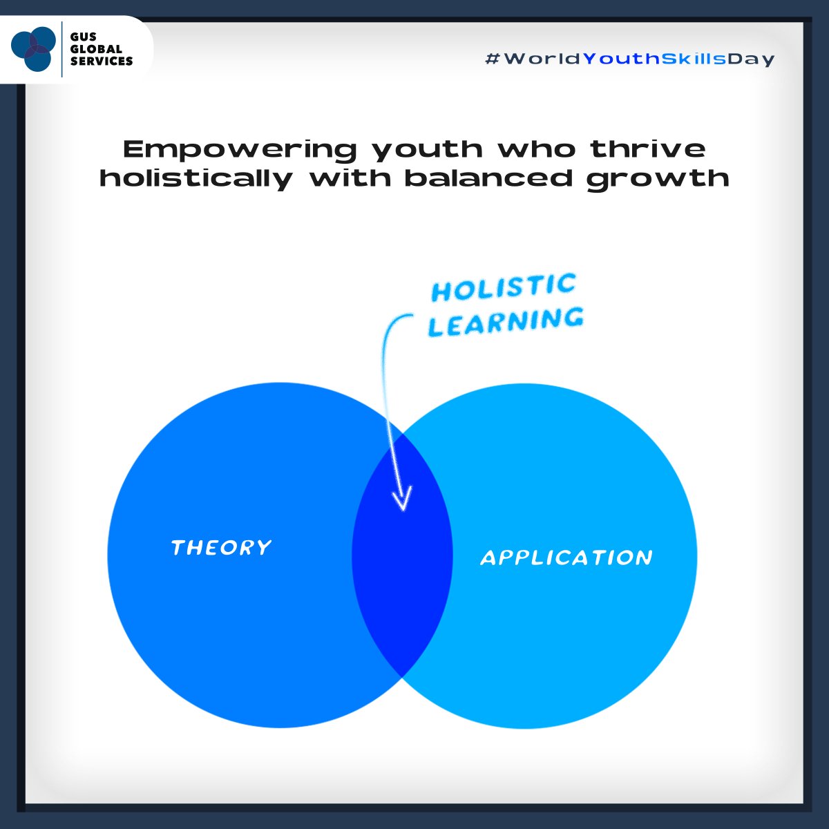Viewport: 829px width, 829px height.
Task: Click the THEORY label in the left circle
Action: (221, 548)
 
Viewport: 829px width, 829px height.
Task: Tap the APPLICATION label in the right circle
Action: (566, 558)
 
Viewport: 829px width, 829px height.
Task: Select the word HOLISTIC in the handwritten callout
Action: (504, 287)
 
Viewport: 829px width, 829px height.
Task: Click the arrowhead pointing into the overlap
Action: (401, 499)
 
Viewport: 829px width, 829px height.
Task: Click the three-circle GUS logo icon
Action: (33, 48)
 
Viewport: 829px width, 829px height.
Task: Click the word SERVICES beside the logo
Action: (102, 61)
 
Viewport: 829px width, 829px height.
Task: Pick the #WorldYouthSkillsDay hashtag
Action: (630, 59)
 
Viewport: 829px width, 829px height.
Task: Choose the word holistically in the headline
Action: (196, 178)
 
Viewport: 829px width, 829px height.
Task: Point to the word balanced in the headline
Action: (488, 178)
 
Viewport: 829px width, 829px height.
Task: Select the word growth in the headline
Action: (658, 178)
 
